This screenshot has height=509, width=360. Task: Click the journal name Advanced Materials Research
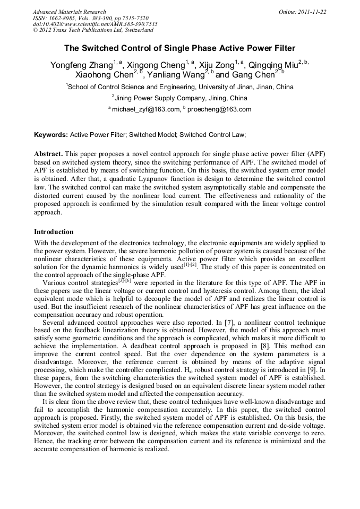69,12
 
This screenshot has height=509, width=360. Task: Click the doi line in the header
95,24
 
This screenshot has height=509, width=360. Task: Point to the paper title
179,48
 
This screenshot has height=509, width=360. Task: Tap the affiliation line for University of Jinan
179,87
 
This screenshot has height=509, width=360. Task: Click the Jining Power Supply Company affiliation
179,98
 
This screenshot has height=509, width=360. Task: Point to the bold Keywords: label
51,135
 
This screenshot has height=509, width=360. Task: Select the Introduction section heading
54,232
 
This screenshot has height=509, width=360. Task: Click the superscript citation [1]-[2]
190,264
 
